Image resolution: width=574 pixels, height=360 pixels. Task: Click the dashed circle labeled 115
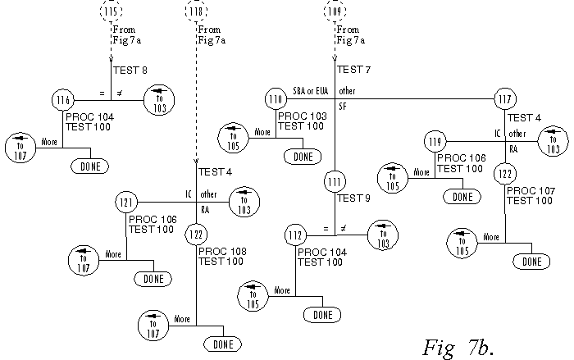tap(111, 12)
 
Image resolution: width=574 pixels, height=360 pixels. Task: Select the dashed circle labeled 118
tap(196, 12)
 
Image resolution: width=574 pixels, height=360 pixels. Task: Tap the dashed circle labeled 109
tap(335, 12)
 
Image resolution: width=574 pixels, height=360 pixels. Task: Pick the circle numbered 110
tap(276, 100)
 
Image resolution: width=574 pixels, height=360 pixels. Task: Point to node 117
tap(505, 100)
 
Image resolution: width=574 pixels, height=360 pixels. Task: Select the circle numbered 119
tap(435, 143)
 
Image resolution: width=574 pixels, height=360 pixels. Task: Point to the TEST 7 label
tap(354, 71)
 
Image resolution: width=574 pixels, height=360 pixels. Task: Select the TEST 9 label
tap(354, 198)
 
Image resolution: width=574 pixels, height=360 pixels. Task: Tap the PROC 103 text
tap(302, 116)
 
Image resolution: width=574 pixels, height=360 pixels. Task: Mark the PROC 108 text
tap(221, 251)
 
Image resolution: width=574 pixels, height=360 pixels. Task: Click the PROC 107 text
tap(530, 190)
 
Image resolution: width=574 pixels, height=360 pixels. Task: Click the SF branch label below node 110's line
tap(343, 107)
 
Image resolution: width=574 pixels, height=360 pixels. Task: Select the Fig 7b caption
tap(458, 346)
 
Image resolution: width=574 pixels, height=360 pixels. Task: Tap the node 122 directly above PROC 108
tap(195, 233)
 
